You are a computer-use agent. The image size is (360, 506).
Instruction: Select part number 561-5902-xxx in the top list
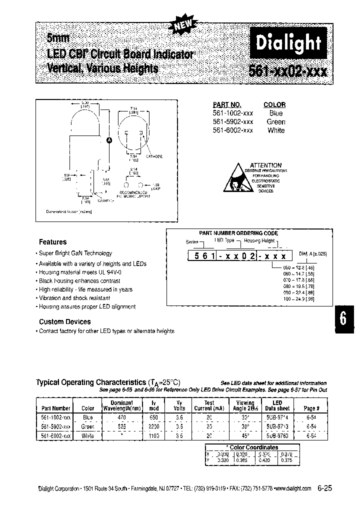click(x=233, y=121)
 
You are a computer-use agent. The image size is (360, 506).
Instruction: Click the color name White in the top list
click(x=276, y=130)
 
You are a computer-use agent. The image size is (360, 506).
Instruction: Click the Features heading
click(x=52, y=241)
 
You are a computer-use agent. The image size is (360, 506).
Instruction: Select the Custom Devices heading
click(x=65, y=321)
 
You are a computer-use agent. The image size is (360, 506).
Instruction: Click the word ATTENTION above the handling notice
click(x=266, y=165)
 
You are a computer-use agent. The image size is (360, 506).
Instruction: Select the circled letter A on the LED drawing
click(x=108, y=140)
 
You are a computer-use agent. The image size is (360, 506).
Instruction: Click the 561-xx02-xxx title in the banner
click(x=288, y=70)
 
